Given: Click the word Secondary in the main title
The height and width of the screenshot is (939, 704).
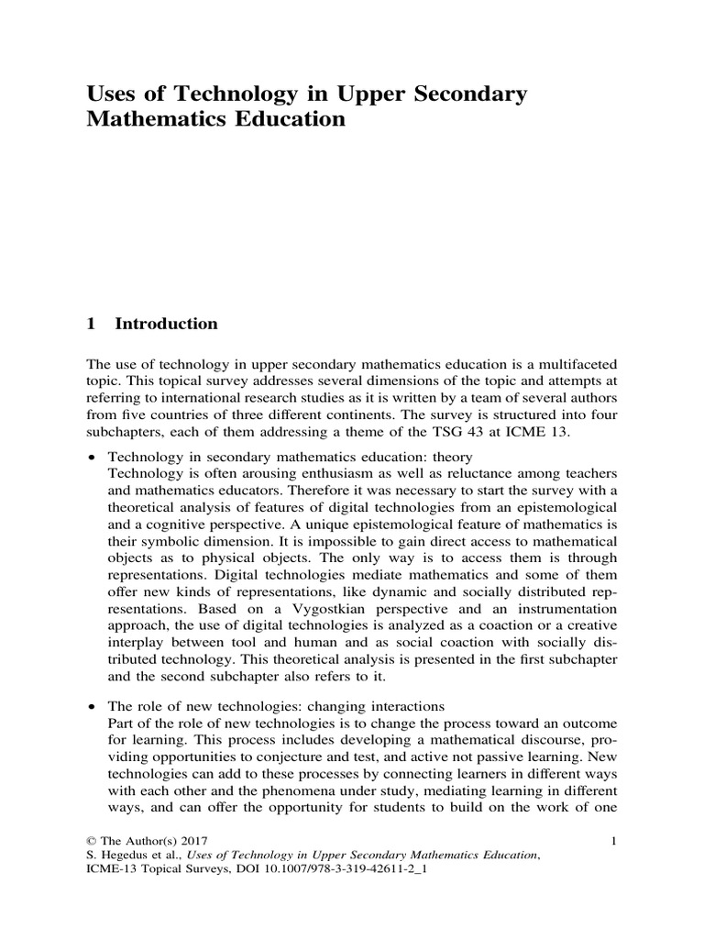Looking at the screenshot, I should tap(472, 94).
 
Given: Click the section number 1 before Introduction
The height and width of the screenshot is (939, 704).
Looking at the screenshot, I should tap(90, 324).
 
